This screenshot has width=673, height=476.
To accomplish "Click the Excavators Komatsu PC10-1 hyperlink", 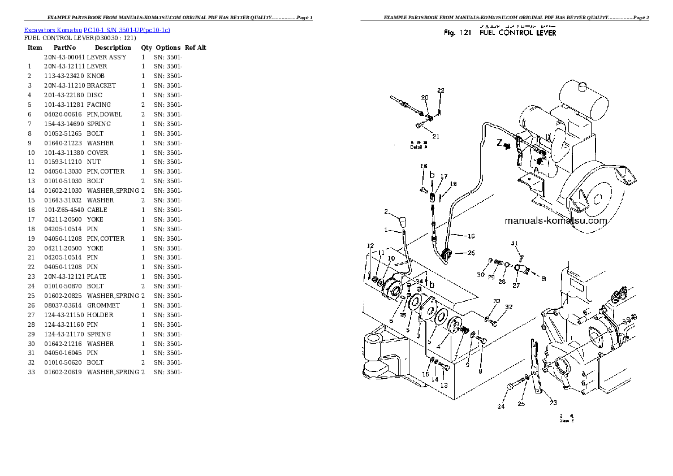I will coord(97,29).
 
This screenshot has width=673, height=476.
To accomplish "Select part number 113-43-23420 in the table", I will coord(64,76).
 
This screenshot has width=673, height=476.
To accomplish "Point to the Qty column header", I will coord(146,48).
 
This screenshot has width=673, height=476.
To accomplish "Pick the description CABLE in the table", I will coord(97,210).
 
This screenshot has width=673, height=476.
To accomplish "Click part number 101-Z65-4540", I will coord(64,210).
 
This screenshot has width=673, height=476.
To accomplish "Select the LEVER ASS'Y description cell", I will coord(106,57).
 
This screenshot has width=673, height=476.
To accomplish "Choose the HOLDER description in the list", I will coord(100,315).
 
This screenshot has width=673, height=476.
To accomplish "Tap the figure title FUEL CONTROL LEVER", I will coord(517,33).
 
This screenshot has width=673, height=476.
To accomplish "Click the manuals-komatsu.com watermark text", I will coord(555,221).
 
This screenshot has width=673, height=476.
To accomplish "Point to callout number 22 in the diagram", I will coord(441,90).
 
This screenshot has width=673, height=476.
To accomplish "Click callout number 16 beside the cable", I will coord(471,236).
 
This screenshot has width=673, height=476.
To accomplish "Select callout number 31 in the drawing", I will coord(515,244).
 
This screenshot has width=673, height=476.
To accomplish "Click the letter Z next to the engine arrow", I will coord(499,144).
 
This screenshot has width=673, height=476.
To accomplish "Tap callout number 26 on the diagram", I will coord(471,253).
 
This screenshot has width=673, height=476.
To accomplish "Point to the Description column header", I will coord(113,48).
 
